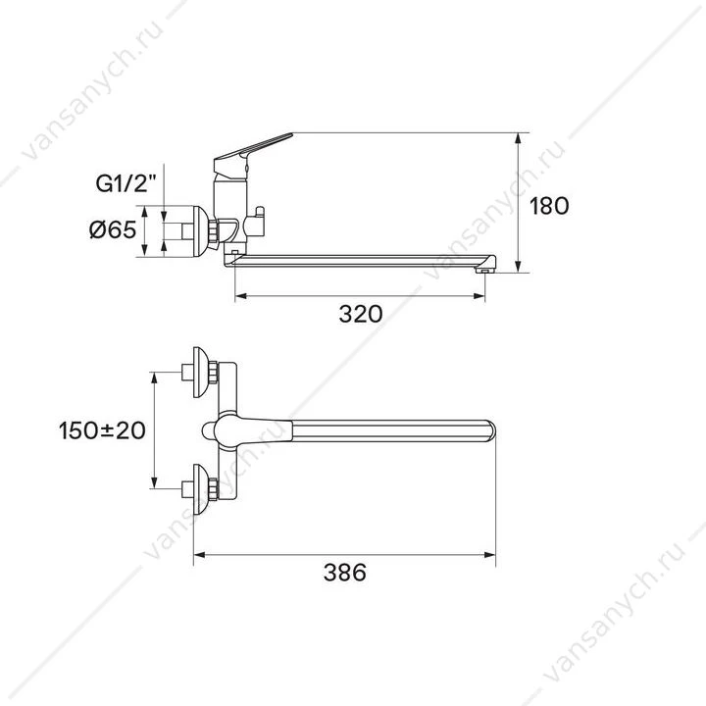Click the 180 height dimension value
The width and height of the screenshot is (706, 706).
coord(549,206)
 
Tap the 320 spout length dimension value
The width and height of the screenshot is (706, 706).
coord(361,314)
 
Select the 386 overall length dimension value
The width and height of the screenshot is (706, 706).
coord(345,573)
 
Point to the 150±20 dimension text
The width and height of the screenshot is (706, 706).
coord(102,430)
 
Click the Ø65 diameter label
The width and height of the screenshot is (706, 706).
coord(113,230)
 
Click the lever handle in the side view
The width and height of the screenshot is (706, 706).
coord(252,153)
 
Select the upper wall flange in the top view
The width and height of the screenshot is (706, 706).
coord(201,373)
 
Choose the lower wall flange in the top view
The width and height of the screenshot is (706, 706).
coord(201,489)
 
